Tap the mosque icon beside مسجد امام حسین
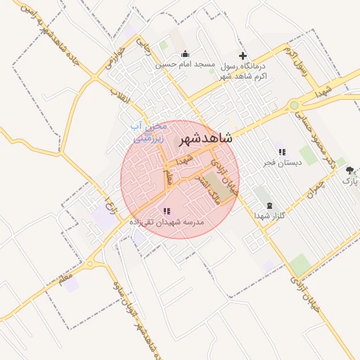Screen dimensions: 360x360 [x=185, y=54]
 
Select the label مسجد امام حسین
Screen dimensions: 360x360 [x=185, y=65]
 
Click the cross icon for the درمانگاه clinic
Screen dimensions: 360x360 [x=243, y=56]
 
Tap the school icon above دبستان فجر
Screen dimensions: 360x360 [x=282, y=152]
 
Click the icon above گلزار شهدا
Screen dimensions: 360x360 [x=269, y=205]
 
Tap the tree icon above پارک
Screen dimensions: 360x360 [x=349, y=171]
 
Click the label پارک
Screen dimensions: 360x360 [x=349, y=181]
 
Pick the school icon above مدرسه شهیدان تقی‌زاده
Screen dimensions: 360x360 [x=167, y=211]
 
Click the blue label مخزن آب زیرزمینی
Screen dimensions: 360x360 [x=150, y=132]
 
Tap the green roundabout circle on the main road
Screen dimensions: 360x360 [x=294, y=105]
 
